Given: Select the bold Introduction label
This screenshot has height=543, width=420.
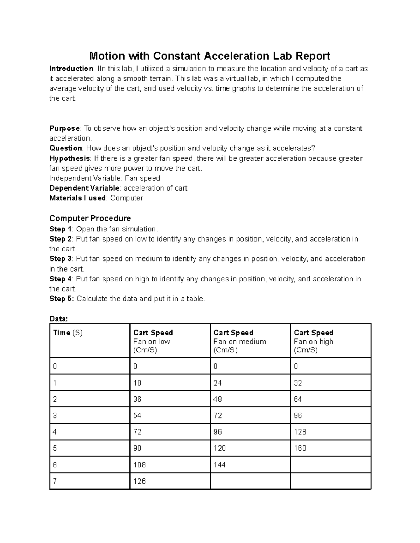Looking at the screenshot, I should pos(71,69).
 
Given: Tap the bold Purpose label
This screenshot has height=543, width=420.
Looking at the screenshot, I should pos(64,128).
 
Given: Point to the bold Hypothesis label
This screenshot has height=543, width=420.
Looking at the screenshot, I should pos(69,158).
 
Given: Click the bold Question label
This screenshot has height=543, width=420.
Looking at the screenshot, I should pos(65,148).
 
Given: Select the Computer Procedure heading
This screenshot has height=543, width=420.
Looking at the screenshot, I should pos(90,219).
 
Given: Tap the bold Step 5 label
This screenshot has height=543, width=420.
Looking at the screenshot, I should pos(62,299).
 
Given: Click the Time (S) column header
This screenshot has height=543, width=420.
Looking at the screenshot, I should pos(68,333).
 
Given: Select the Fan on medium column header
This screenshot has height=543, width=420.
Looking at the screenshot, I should pos(240,341).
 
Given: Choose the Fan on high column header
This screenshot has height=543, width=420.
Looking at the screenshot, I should pos(314,341).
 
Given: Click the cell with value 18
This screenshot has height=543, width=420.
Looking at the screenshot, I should pos(137,383).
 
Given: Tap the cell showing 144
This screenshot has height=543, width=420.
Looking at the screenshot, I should pos(219,465).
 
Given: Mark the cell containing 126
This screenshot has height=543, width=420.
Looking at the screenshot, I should pos(139,481).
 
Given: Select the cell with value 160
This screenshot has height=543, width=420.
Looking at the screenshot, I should pos(300,448).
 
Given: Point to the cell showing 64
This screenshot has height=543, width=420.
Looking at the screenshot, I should pos(298,399).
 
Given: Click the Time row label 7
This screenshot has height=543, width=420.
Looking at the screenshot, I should pos(55,481).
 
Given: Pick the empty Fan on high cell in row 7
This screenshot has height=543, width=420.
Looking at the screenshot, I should pos(330,481).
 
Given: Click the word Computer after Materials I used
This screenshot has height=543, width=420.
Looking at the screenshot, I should pos(127,198).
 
